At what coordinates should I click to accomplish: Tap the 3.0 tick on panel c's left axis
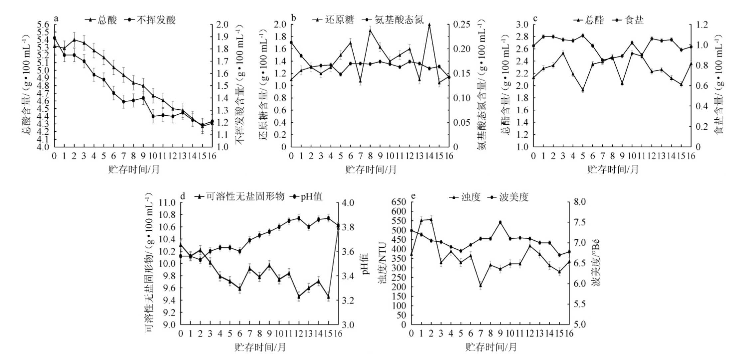tap(522, 25)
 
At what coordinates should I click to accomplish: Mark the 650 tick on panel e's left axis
tap(399, 202)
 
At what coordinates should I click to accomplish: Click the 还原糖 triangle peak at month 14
tap(429, 25)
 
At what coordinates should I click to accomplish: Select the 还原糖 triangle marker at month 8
tap(370, 31)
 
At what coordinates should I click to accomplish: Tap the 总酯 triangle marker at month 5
tap(583, 90)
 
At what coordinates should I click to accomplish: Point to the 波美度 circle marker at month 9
tap(500, 222)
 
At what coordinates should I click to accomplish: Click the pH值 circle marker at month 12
tap(299, 218)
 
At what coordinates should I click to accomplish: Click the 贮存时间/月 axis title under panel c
tap(613, 170)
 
